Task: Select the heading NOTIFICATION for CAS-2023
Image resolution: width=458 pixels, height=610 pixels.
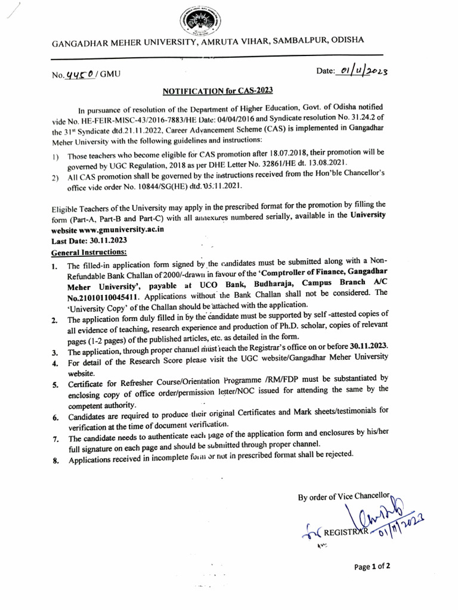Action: click(218, 91)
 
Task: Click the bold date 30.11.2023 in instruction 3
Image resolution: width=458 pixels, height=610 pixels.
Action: click(358, 346)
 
